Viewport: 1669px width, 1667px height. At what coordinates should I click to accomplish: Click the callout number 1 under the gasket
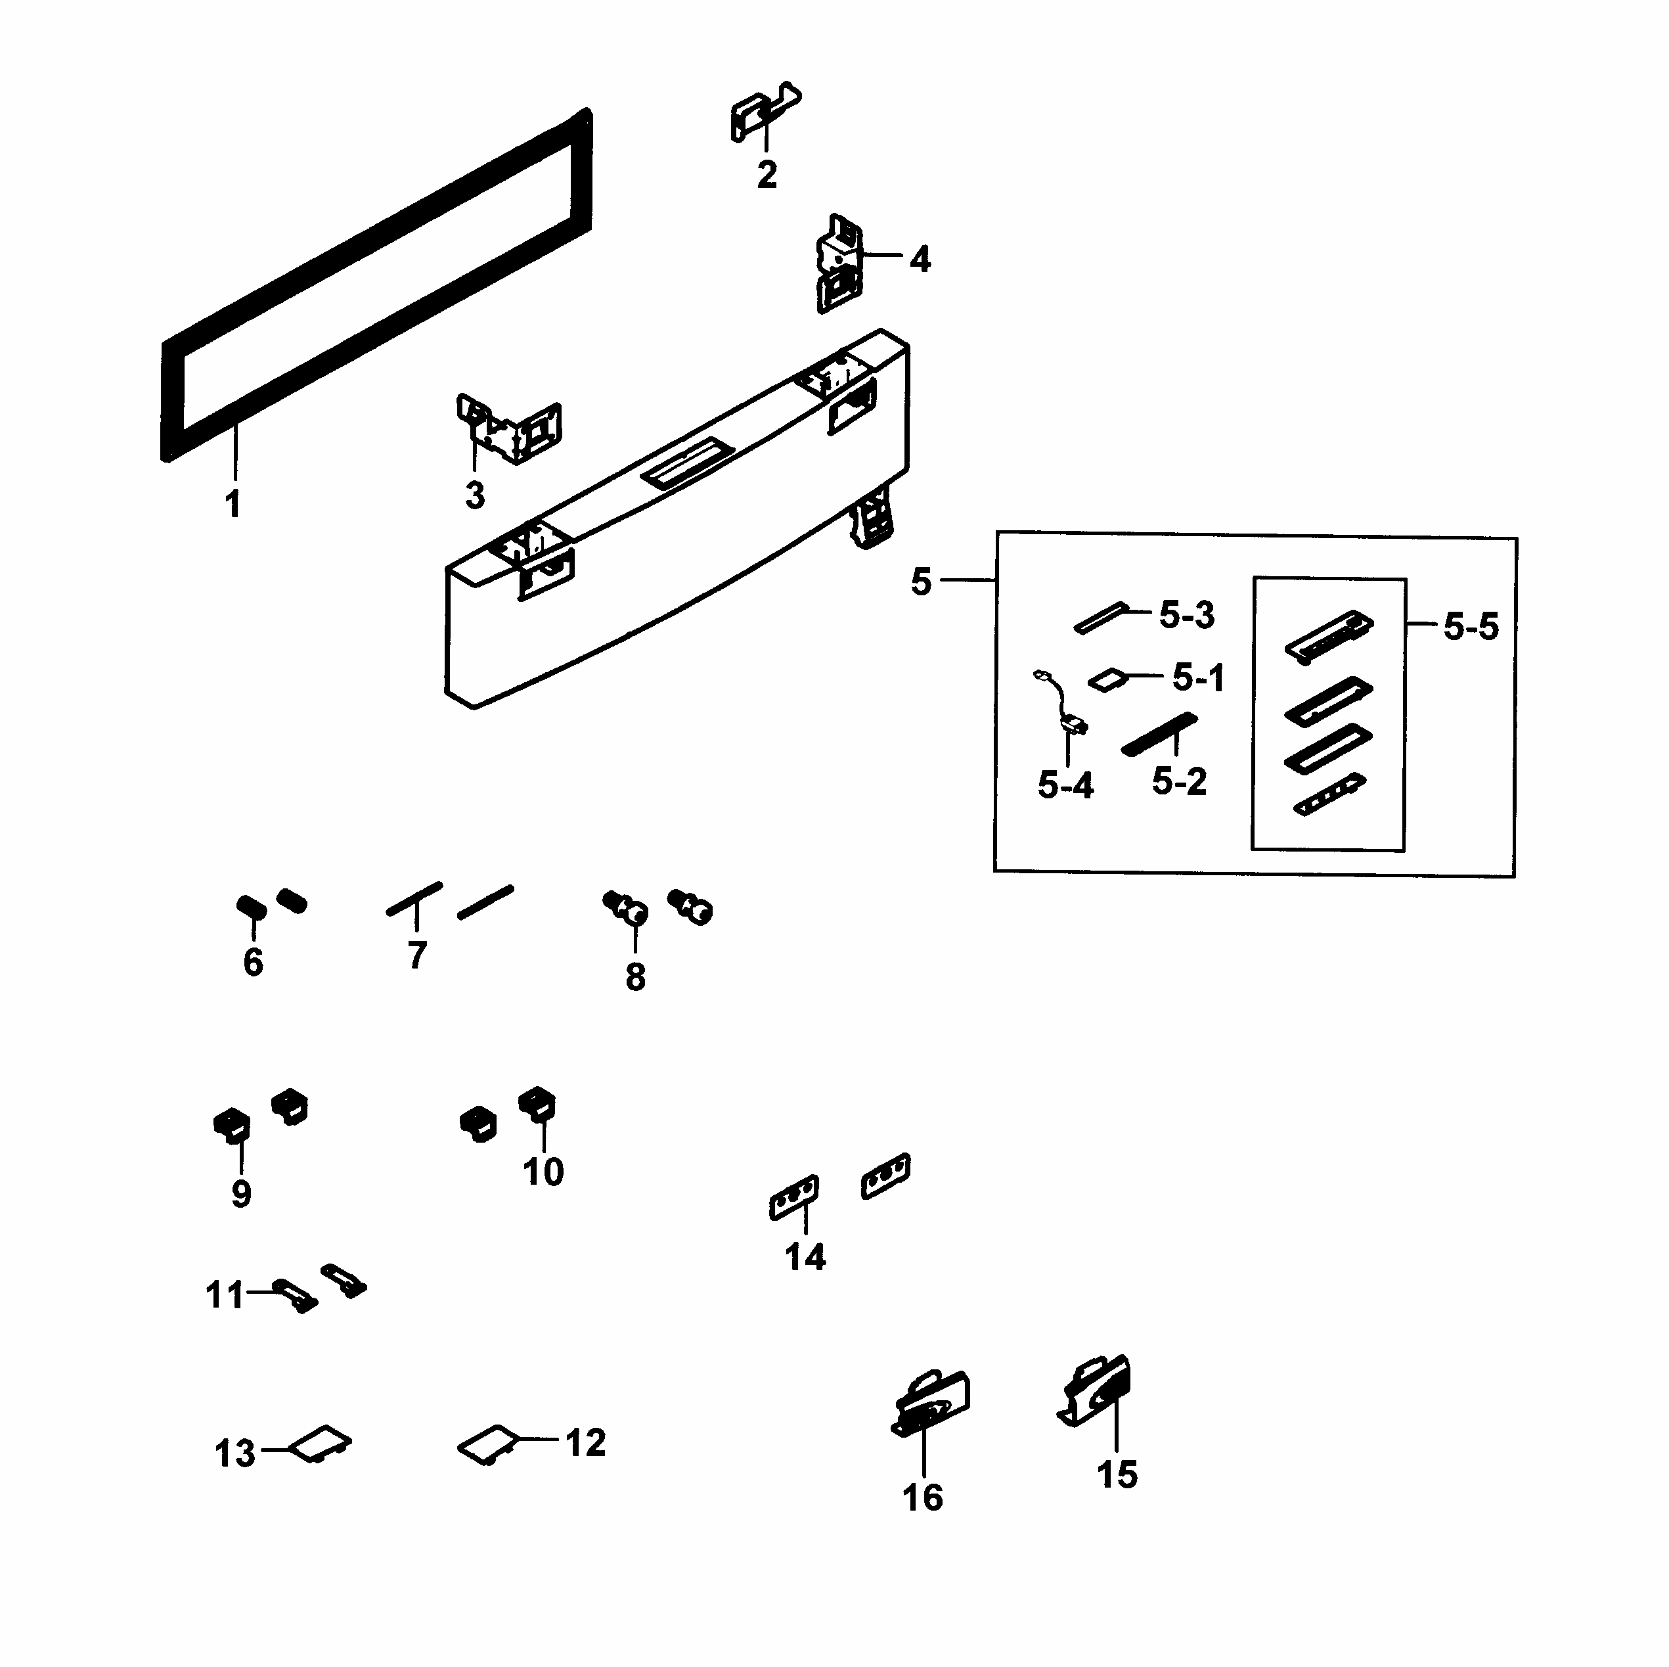pyautogui.click(x=233, y=504)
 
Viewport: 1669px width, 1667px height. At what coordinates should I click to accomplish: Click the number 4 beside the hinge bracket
pyautogui.click(x=920, y=260)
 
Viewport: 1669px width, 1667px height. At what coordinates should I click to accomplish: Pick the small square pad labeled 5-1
pyautogui.click(x=1107, y=679)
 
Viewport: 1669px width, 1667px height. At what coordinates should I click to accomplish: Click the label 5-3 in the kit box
pyautogui.click(x=1187, y=615)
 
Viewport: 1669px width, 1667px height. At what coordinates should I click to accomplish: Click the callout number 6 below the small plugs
pyautogui.click(x=253, y=962)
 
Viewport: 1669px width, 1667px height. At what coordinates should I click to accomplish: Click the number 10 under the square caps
pyautogui.click(x=543, y=1171)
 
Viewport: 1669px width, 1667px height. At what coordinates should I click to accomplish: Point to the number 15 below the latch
pyautogui.click(x=1117, y=1474)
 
